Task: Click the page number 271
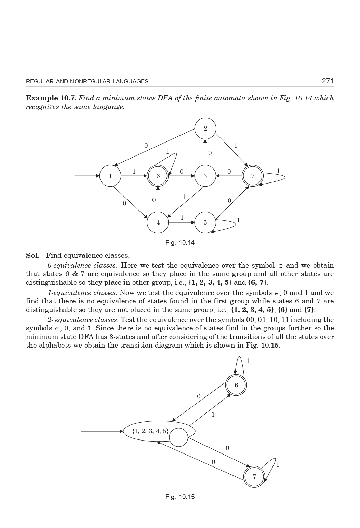click(x=327, y=81)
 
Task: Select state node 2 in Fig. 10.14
click(x=205, y=128)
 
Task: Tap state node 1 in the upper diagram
click(x=110, y=176)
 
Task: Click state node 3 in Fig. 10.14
click(x=205, y=176)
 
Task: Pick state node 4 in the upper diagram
click(x=158, y=222)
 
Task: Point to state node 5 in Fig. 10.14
click(x=205, y=222)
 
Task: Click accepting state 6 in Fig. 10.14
click(x=158, y=176)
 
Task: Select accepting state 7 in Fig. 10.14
click(x=253, y=176)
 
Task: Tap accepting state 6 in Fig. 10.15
click(x=236, y=385)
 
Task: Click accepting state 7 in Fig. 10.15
click(x=254, y=476)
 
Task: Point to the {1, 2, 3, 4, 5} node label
click(x=150, y=431)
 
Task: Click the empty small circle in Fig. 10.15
click(x=178, y=437)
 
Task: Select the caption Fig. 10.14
click(x=180, y=243)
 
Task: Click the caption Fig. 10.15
click(x=180, y=497)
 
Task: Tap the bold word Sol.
click(x=32, y=255)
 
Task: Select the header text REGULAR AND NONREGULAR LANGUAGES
click(x=87, y=81)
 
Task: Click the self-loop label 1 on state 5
click(x=238, y=220)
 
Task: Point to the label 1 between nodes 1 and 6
click(x=134, y=172)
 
